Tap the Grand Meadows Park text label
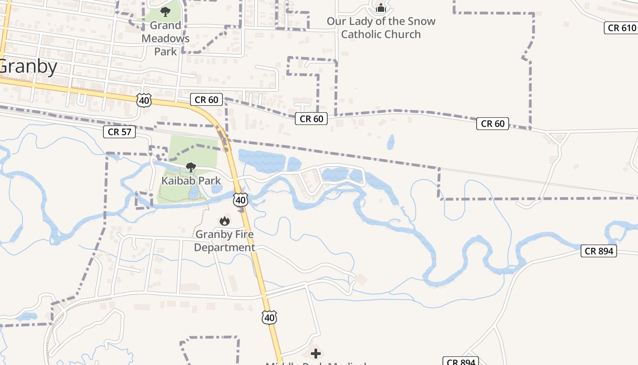(x=165, y=38)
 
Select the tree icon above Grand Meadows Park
(x=165, y=11)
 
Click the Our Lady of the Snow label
(x=381, y=27)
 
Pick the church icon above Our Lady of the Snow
(x=381, y=8)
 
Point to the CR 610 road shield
(x=622, y=28)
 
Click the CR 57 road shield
(x=119, y=132)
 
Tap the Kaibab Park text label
(x=191, y=181)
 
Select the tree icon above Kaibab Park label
(x=191, y=167)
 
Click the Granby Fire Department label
(x=224, y=241)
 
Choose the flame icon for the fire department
(x=224, y=221)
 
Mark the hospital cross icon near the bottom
(x=315, y=354)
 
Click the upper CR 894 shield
(x=599, y=251)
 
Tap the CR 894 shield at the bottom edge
(x=461, y=362)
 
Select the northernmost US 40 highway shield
(x=144, y=100)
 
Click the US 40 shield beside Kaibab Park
(x=241, y=200)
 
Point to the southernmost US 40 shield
(x=269, y=318)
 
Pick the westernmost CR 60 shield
(x=206, y=100)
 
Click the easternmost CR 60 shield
(x=493, y=124)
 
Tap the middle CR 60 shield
(x=311, y=119)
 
